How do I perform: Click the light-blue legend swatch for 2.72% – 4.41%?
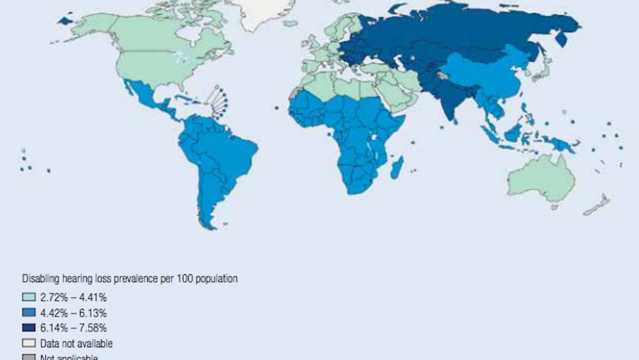pos(28,297)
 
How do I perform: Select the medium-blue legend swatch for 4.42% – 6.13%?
pos(28,313)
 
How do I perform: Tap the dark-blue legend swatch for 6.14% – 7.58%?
pos(28,328)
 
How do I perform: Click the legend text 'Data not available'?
pos(76,344)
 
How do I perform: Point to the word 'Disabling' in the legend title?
pos(40,279)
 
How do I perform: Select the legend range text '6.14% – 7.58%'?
pos(73,328)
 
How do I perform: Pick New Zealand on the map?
pos(597,205)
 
